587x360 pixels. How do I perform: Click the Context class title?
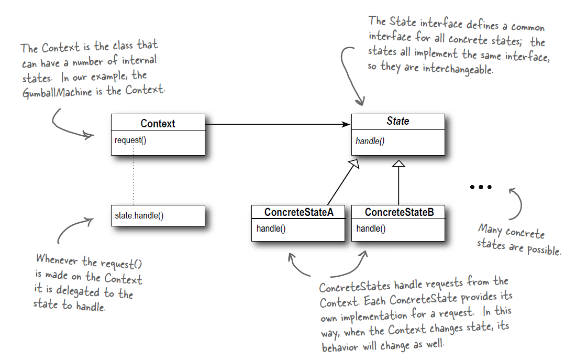tap(158, 124)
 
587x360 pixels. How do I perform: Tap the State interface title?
tap(397, 122)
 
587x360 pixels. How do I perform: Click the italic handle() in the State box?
tap(370, 141)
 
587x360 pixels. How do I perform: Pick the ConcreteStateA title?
tap(298, 212)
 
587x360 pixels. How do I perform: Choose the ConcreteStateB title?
tap(398, 212)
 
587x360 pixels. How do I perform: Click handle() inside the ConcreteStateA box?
tap(271, 228)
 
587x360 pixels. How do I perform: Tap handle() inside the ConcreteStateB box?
tap(371, 228)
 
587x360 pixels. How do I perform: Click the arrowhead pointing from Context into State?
tap(346, 124)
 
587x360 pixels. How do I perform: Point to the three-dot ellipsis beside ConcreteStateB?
tap(480, 187)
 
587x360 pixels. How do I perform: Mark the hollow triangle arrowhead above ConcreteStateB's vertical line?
tap(399, 163)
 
